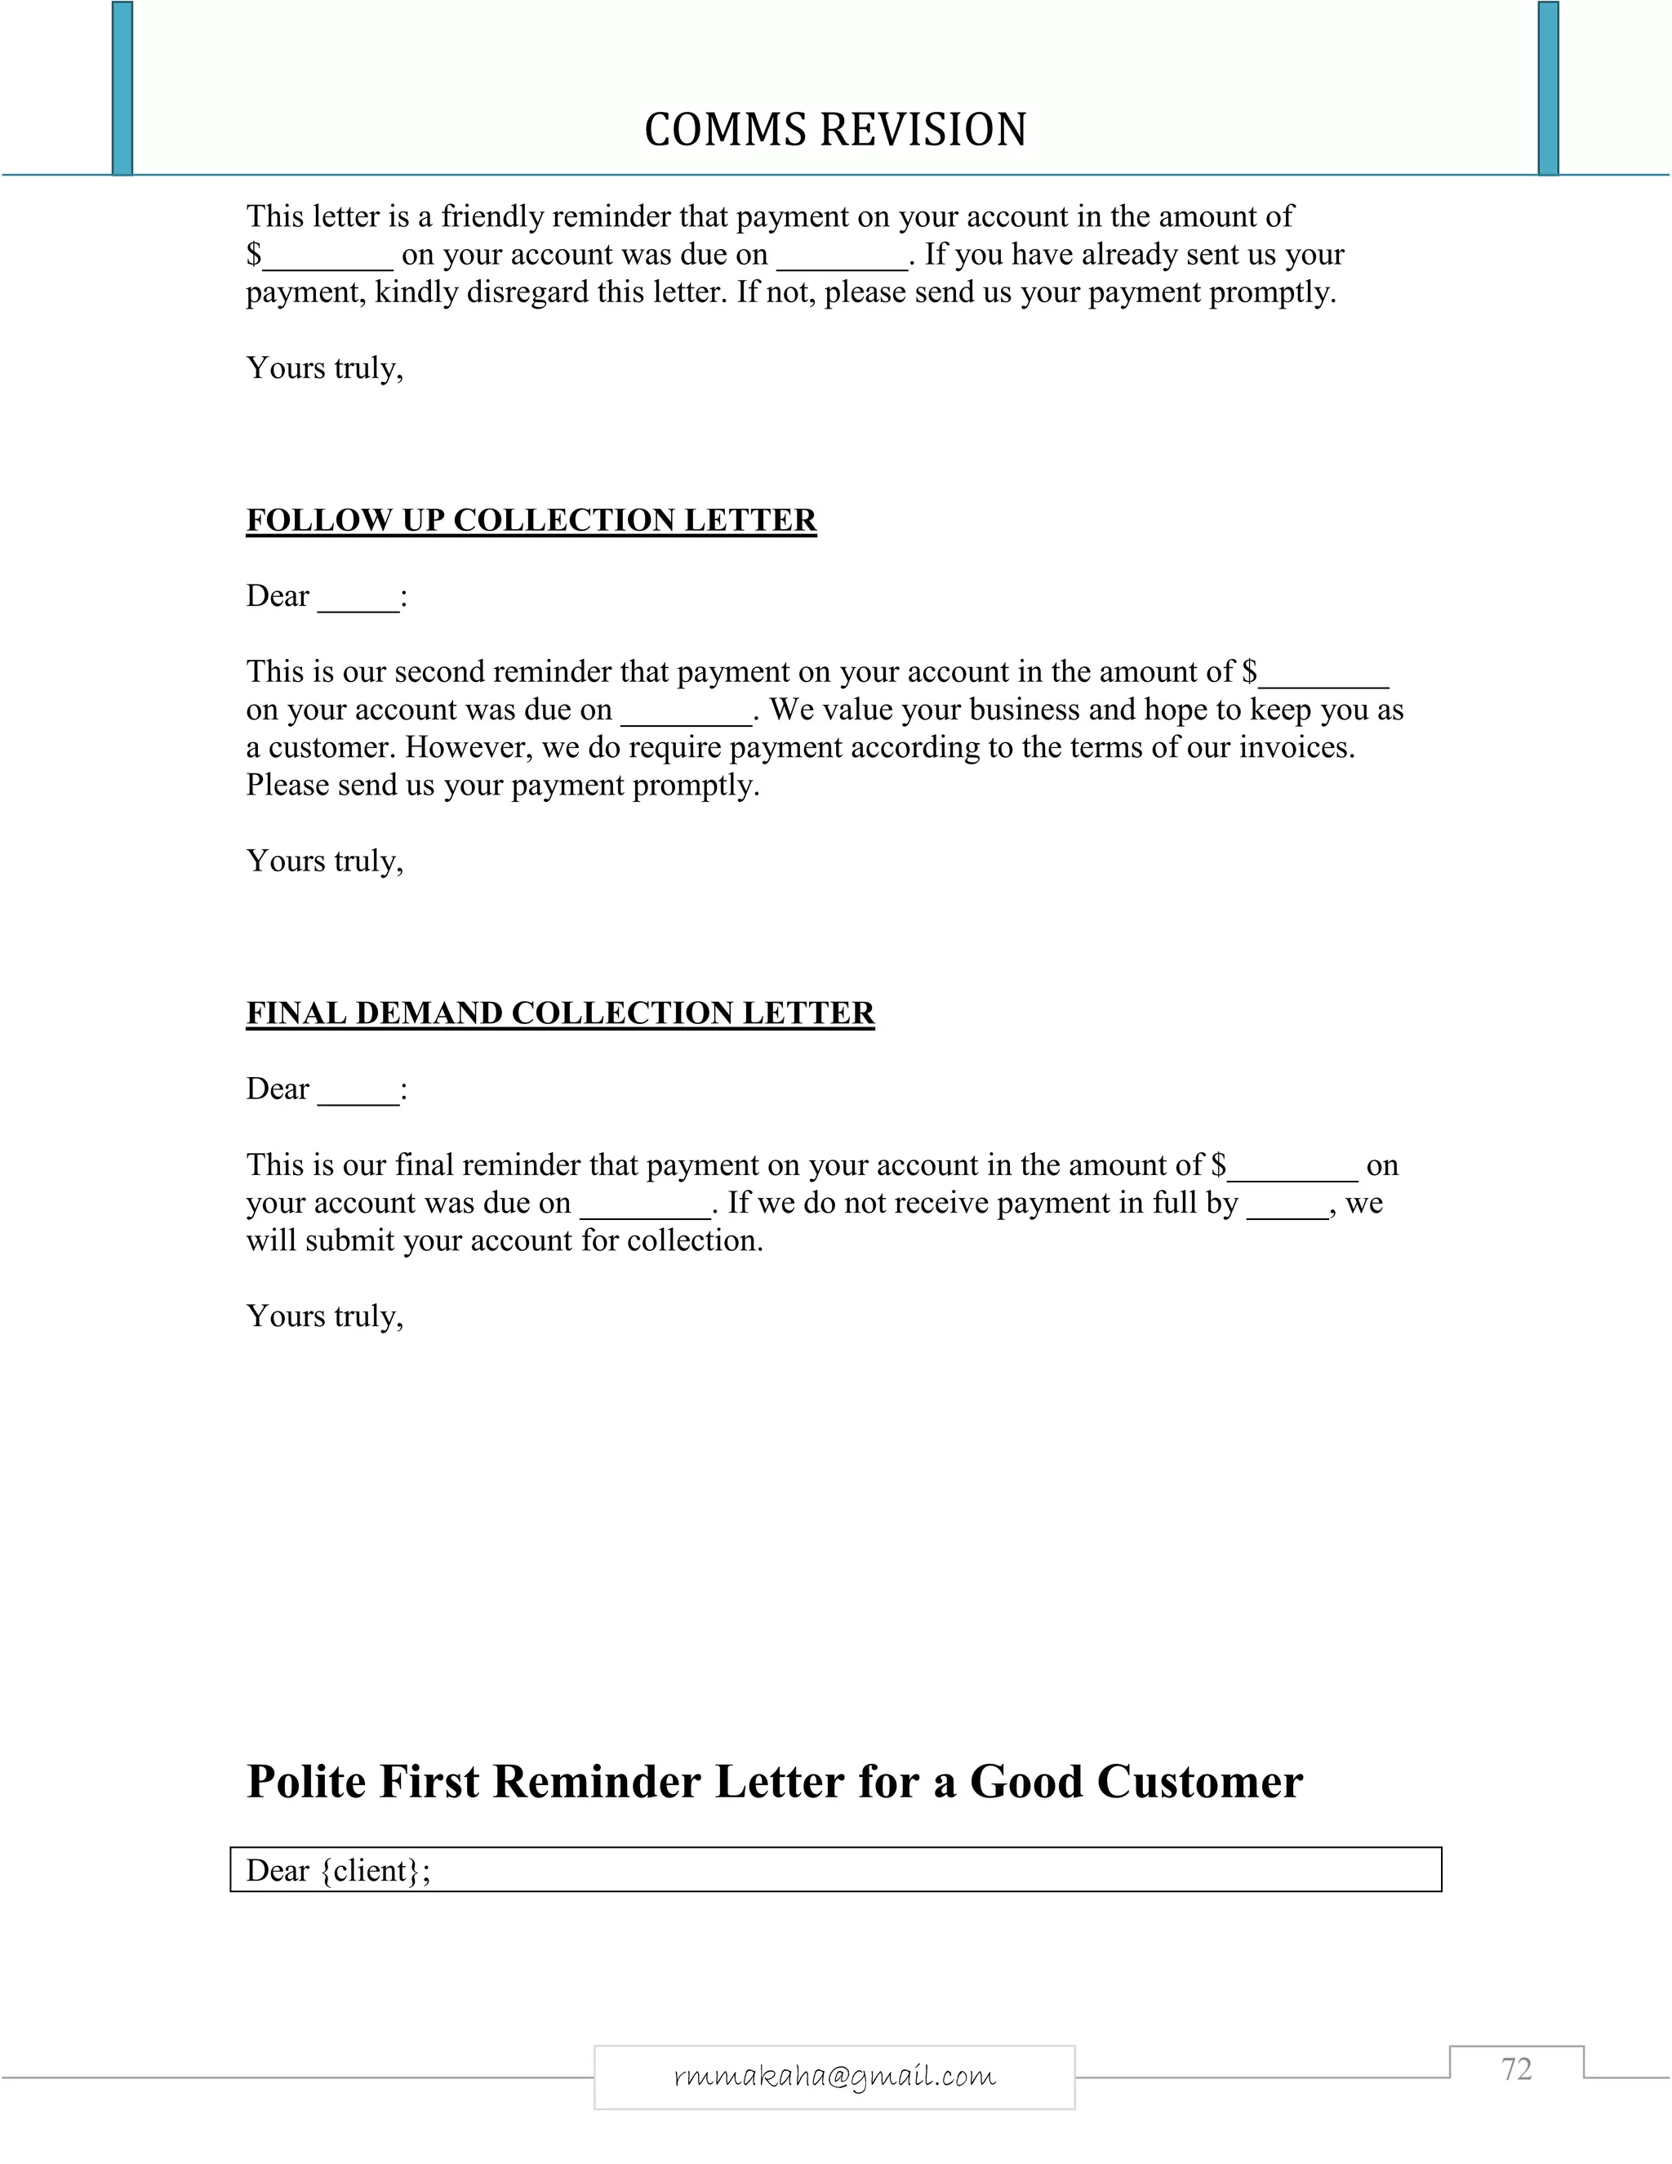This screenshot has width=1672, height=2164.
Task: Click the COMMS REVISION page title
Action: click(835, 130)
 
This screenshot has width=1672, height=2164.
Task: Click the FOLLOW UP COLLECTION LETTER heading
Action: click(531, 520)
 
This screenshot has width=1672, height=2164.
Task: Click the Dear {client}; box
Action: click(835, 1870)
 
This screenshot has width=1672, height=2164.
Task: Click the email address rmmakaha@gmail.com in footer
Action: click(834, 2076)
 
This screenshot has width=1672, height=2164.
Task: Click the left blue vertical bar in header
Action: click(122, 89)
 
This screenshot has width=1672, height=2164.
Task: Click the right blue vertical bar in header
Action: click(1547, 89)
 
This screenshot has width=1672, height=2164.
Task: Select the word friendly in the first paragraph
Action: click(491, 216)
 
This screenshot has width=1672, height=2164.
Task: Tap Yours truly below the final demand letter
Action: click(325, 1316)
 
